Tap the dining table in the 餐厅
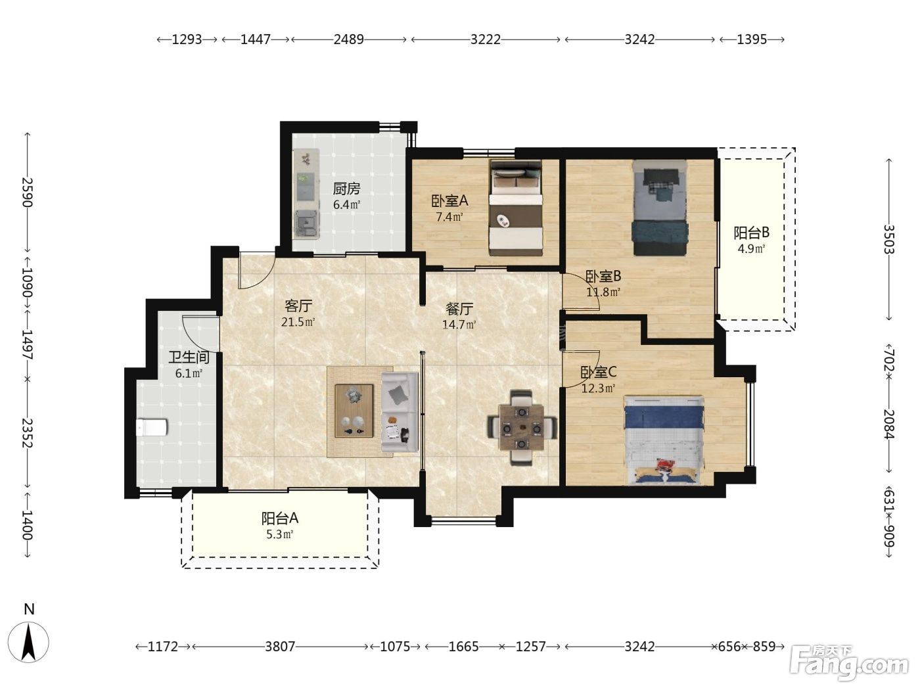pyautogui.click(x=522, y=427)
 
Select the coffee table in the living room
pyautogui.click(x=354, y=411)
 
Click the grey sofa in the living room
pyautogui.click(x=400, y=412)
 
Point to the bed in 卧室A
pyautogui.click(x=516, y=208)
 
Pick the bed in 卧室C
pyautogui.click(x=664, y=440)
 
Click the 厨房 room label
pyautogui.click(x=346, y=189)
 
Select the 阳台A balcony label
pyautogui.click(x=279, y=518)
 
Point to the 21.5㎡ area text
pyautogui.click(x=298, y=322)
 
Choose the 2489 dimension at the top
pyautogui.click(x=349, y=39)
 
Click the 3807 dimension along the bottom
pyautogui.click(x=280, y=647)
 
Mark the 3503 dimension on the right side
pyautogui.click(x=888, y=240)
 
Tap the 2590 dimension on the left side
pyautogui.click(x=27, y=193)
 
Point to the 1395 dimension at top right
pyautogui.click(x=752, y=39)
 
